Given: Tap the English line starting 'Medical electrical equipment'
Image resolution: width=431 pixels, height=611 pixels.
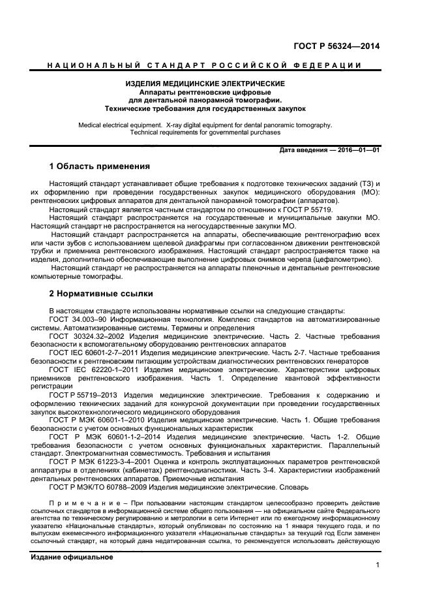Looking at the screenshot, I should click(x=205, y=124).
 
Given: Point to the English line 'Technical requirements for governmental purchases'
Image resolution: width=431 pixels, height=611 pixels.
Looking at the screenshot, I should click(x=205, y=132).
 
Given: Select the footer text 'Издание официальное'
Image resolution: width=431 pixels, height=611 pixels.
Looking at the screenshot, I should click(x=72, y=557).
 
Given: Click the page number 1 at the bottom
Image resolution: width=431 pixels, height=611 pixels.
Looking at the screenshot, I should click(x=377, y=566).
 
